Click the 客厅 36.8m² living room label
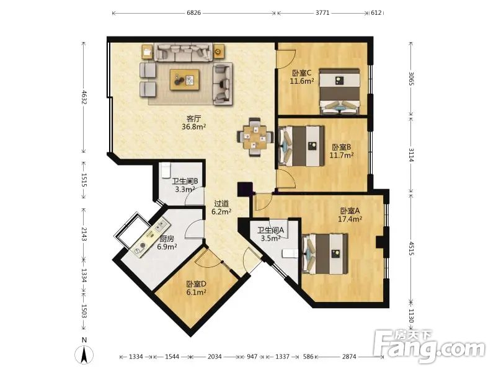click(194, 123)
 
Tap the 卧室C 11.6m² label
click(302, 77)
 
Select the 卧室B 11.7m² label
click(342, 151)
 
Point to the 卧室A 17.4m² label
click(350, 215)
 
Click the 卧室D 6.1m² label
click(197, 288)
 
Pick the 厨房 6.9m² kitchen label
click(167, 242)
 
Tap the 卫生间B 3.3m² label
click(185, 185)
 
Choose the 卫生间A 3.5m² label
click(270, 234)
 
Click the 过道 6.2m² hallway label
click(221, 208)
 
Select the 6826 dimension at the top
click(193, 13)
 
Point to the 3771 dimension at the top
click(322, 13)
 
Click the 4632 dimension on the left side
click(84, 97)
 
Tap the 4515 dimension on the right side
click(410, 249)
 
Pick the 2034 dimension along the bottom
click(215, 356)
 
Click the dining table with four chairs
click(255, 137)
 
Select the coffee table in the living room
click(184, 80)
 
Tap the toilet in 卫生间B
click(166, 170)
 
